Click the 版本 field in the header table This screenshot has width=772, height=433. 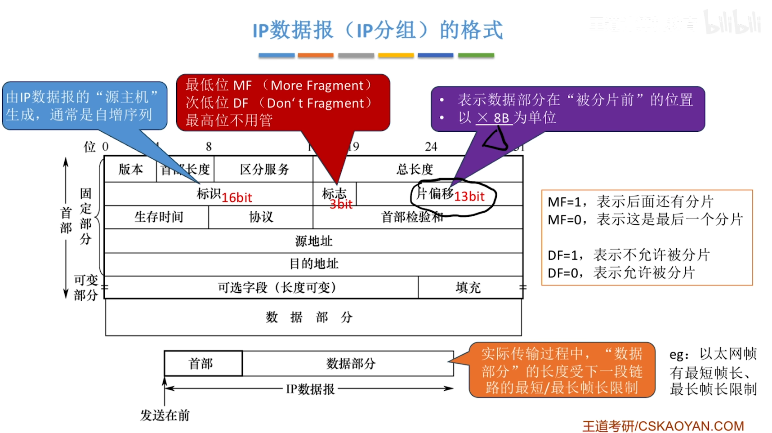tap(130, 170)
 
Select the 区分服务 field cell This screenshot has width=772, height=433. tap(264, 170)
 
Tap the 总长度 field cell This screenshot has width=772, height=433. tap(415, 170)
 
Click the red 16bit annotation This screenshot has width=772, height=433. tap(237, 197)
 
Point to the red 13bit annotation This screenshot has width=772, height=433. tap(469, 196)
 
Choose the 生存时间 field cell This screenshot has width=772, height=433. tap(158, 217)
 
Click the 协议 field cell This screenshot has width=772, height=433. tap(261, 217)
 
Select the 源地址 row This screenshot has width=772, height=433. tap(313, 241)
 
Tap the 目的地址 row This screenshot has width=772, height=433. tap(313, 264)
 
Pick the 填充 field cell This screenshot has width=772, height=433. tap(468, 287)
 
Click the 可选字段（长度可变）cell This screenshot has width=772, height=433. tap(277, 287)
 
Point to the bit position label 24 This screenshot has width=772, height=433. tap(431, 147)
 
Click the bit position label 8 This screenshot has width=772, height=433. tap(209, 147)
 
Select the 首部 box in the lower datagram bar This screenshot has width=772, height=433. tap(201, 363)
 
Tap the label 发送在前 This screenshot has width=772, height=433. tap(165, 415)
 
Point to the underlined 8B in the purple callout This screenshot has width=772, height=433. tap(501, 118)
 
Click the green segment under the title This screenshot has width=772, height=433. tap(476, 55)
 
